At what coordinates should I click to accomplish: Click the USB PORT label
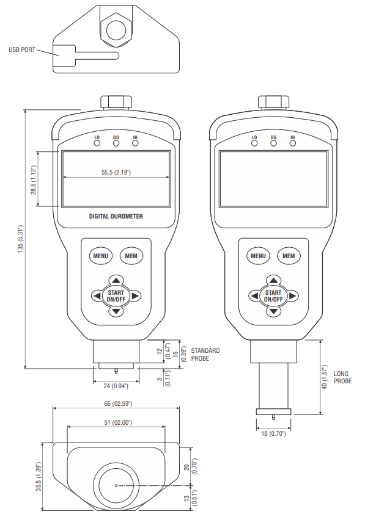point(22,50)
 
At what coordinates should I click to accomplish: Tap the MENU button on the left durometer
point(100,256)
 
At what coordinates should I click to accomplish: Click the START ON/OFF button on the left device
point(116,296)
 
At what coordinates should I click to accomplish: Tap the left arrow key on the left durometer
point(97,296)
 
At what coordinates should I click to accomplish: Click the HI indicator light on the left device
point(135,144)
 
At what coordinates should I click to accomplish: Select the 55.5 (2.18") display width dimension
point(116,173)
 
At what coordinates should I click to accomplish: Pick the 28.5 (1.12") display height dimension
point(34,181)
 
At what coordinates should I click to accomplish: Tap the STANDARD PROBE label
point(205,355)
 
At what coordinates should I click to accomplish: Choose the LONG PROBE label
point(342,377)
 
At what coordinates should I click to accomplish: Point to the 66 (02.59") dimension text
point(116,403)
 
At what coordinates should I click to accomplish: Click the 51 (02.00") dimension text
point(116,422)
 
